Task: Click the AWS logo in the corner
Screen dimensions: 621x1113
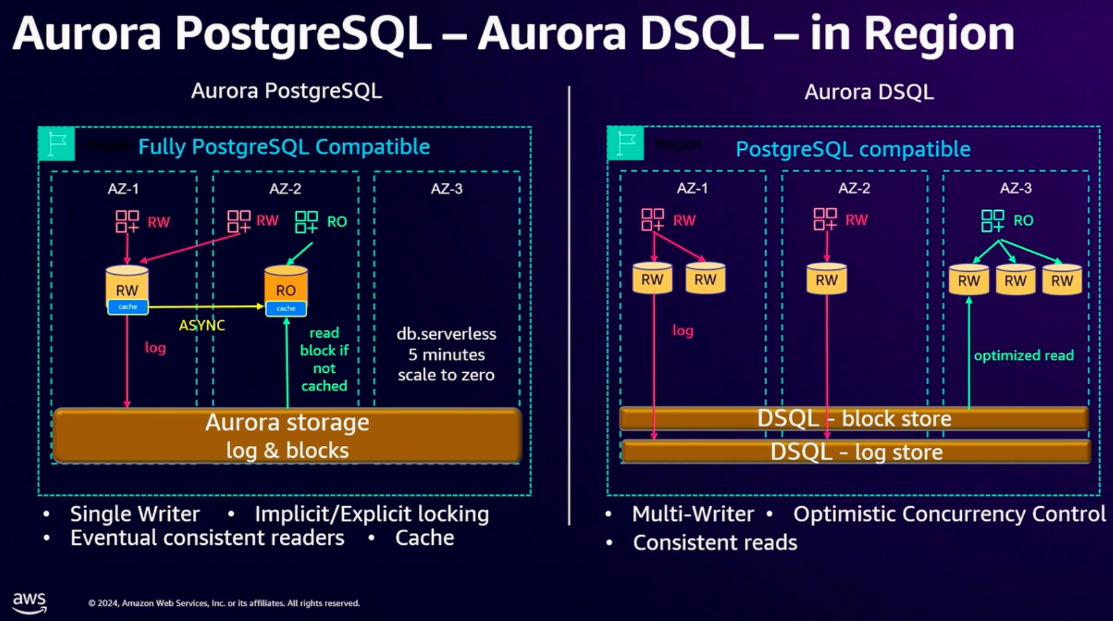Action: pos(29,602)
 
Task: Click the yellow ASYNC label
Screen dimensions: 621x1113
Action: pos(202,326)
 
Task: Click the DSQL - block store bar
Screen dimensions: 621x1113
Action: pos(853,418)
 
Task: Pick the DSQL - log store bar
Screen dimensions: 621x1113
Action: pos(856,452)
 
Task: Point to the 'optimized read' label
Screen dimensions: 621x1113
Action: pos(1024,355)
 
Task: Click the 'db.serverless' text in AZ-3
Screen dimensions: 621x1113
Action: pos(446,334)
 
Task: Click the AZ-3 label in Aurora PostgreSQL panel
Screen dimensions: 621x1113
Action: pos(447,189)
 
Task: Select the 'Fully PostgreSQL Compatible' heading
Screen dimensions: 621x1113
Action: pos(284,147)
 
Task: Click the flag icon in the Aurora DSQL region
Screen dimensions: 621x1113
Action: pos(625,144)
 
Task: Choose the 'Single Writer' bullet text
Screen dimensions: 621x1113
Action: pos(134,514)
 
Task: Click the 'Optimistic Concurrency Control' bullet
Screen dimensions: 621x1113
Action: pos(949,514)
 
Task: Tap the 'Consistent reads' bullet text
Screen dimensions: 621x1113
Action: pos(715,542)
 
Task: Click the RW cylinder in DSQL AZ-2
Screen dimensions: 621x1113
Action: pos(826,279)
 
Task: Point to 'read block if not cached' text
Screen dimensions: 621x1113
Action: pos(324,359)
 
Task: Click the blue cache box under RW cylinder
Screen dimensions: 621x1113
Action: pos(127,307)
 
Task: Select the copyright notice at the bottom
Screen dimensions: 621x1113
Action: pos(224,603)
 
